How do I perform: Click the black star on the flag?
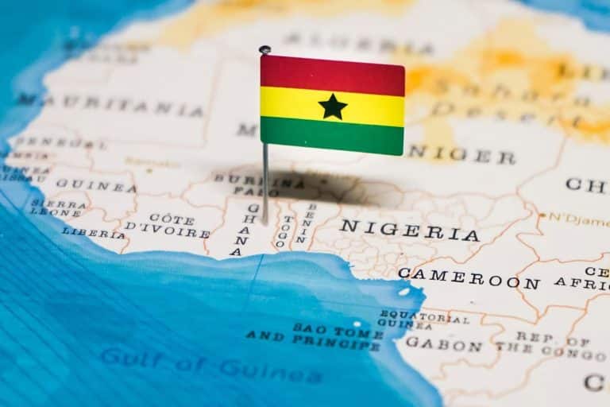(x=333, y=107)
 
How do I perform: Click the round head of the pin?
(x=264, y=49)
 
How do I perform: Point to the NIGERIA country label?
(x=409, y=231)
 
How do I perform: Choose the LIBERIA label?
(x=94, y=233)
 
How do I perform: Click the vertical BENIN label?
(x=303, y=223)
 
